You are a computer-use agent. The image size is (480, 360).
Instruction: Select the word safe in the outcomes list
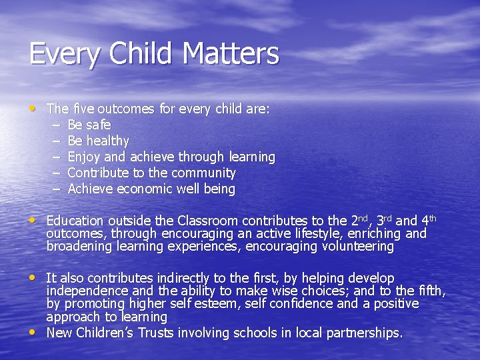[x=99, y=125]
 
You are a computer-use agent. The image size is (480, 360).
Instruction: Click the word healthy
[x=107, y=141]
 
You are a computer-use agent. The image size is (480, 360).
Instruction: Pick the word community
[x=202, y=173]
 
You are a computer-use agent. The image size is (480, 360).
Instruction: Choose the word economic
[x=145, y=189]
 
